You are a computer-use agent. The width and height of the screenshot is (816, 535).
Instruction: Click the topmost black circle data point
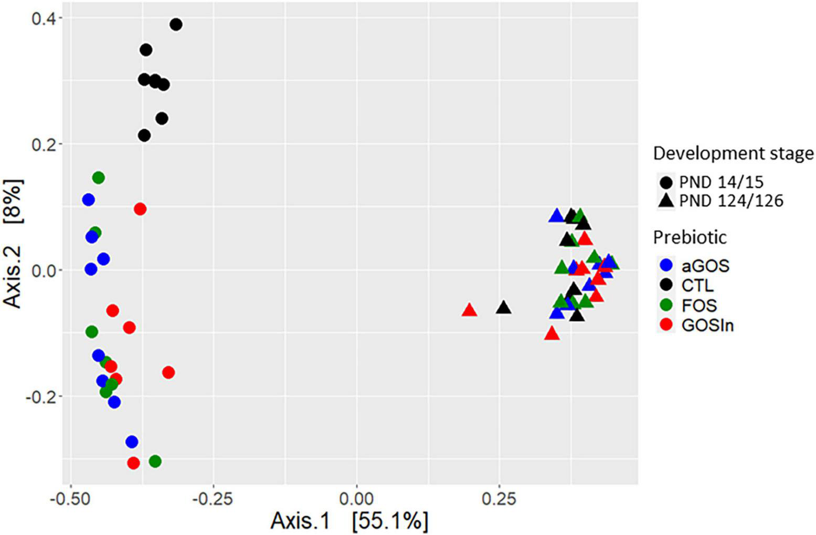[x=176, y=24]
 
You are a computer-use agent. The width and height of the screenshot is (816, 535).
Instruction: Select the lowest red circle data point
[x=134, y=463]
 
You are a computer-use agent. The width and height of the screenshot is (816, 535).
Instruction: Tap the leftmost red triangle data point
[x=469, y=310]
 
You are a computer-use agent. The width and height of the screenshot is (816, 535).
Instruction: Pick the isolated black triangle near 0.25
[x=503, y=308]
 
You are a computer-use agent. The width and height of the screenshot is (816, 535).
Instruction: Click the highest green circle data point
[x=98, y=177]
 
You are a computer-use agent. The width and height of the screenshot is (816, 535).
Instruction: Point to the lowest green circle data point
[x=155, y=461]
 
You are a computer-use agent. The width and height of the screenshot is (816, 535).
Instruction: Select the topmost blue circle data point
[x=88, y=200]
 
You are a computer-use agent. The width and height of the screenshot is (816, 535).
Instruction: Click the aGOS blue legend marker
[x=666, y=266]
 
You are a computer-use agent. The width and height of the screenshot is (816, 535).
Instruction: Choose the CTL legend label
[x=698, y=286]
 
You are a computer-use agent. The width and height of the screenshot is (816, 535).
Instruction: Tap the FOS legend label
[x=699, y=306]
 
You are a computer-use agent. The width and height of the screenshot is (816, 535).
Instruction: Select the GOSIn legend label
[x=707, y=326]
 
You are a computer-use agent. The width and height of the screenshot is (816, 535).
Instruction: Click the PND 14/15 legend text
[x=721, y=182]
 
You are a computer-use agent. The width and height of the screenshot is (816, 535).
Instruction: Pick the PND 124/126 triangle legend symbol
[x=666, y=200]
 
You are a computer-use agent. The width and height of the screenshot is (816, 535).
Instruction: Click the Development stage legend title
[x=733, y=153]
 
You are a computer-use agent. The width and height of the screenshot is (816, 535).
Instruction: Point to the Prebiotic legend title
[x=690, y=237]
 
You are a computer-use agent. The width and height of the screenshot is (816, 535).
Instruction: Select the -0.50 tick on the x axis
[x=70, y=498]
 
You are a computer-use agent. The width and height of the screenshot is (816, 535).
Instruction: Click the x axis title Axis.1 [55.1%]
[x=349, y=521]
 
